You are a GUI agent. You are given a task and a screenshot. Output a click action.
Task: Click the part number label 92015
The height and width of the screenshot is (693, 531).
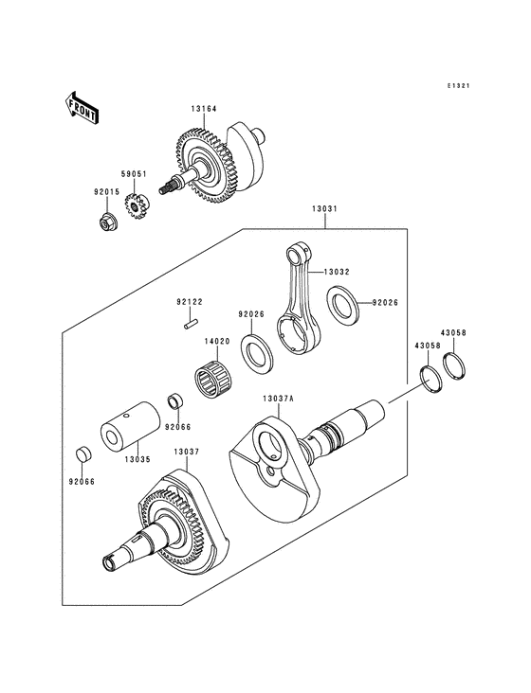pyautogui.click(x=106, y=192)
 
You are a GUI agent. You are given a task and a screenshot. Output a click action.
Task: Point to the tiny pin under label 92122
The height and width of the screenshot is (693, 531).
pyautogui.click(x=190, y=325)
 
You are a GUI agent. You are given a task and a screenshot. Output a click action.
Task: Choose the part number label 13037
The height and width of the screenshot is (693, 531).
pyautogui.click(x=187, y=453)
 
